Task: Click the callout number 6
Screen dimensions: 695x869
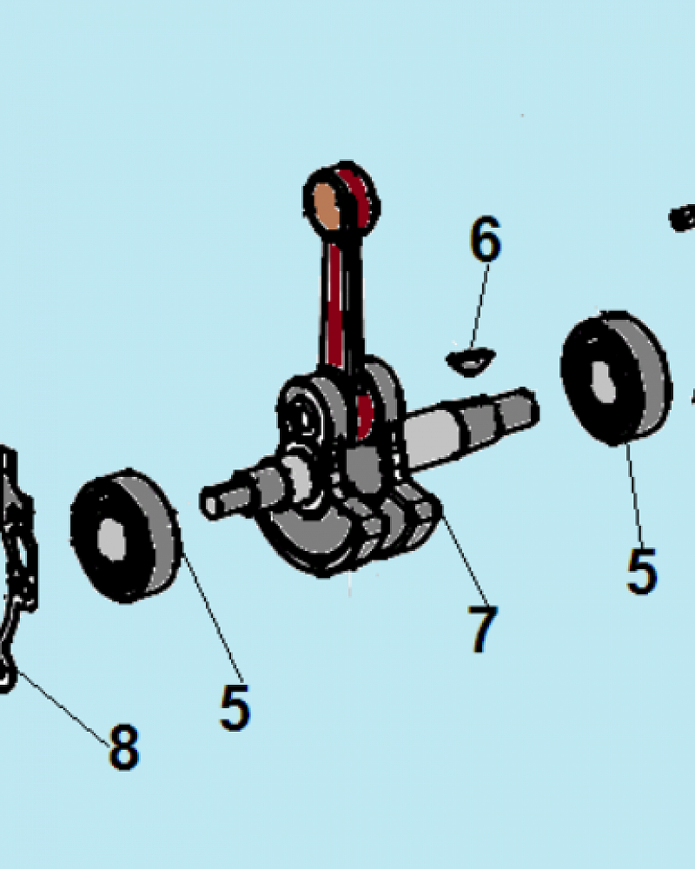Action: pos(486,239)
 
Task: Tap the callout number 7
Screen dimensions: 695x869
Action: pos(482,628)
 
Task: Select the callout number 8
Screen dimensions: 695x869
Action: pos(123,746)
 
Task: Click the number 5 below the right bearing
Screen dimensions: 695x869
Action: pos(642,571)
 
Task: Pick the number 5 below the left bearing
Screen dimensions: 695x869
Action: pos(235,706)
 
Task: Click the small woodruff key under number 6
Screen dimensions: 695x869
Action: pos(470,362)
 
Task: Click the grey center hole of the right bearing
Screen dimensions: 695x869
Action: pos(603,382)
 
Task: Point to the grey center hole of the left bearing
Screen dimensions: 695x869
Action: pos(111,541)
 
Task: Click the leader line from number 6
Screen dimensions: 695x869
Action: pos(480,306)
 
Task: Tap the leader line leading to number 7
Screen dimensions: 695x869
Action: pos(465,555)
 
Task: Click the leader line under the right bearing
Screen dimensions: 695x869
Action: pos(634,495)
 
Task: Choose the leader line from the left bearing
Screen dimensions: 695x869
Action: pos(213,618)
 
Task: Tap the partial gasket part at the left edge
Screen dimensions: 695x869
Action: pos(16,571)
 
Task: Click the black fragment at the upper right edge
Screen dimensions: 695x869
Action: pos(682,218)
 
